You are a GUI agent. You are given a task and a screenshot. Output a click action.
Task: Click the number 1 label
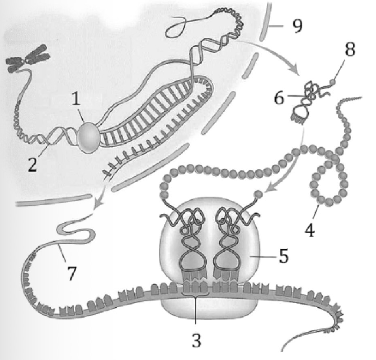(x=76, y=99)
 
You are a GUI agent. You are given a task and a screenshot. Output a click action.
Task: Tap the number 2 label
(x=33, y=164)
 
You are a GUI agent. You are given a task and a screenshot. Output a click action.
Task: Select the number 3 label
(x=196, y=340)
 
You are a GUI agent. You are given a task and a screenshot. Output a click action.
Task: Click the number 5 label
(x=283, y=256)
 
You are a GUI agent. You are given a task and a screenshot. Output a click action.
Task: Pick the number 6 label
(x=279, y=98)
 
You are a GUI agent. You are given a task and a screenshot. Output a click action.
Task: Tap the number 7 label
(x=72, y=273)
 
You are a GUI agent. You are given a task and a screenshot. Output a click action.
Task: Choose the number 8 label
(x=350, y=50)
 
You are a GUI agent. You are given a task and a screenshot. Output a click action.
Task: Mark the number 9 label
(x=297, y=26)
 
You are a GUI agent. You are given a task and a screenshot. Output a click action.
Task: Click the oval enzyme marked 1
(x=88, y=138)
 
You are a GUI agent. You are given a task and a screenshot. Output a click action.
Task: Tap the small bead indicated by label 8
(x=332, y=82)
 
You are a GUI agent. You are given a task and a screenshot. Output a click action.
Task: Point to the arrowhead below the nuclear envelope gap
(x=98, y=205)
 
